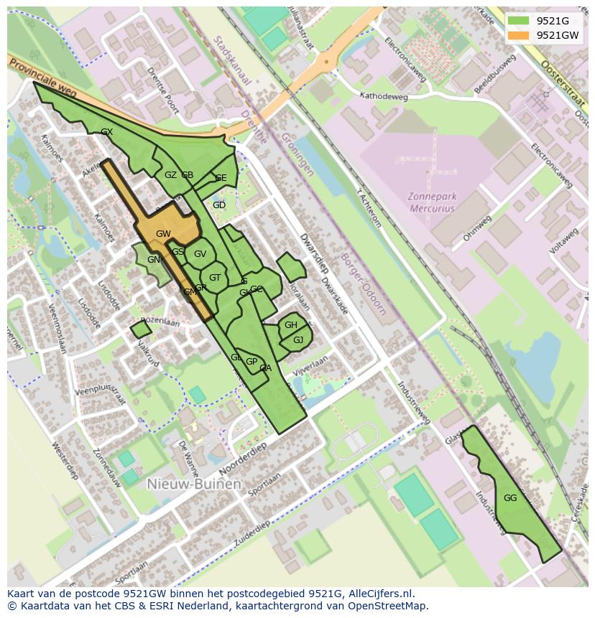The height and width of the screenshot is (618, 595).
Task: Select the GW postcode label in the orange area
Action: (x=163, y=233)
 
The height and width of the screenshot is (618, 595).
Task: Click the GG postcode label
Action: (x=510, y=497)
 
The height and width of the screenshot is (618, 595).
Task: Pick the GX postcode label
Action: (x=107, y=132)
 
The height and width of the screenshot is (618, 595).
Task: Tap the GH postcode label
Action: (x=290, y=325)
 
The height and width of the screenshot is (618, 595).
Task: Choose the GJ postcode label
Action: (x=298, y=340)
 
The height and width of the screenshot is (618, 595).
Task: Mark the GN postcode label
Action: (x=154, y=260)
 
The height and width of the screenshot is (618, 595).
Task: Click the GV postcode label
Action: (x=200, y=253)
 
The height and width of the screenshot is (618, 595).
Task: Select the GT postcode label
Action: (x=215, y=278)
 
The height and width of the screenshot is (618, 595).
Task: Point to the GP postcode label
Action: (x=252, y=362)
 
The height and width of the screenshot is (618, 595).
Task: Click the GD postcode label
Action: (x=219, y=205)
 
